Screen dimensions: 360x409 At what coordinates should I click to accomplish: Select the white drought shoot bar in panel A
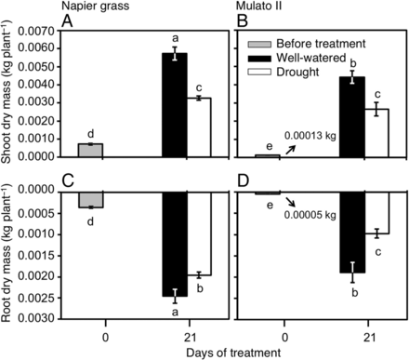[x=200, y=127]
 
